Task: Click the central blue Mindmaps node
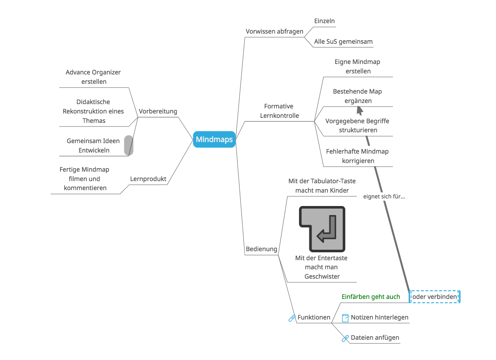click(x=214, y=140)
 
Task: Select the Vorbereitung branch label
click(x=158, y=111)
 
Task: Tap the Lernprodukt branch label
click(x=148, y=179)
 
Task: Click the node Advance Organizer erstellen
click(x=93, y=77)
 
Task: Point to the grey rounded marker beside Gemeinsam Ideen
click(x=129, y=145)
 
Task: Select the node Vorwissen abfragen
click(x=274, y=31)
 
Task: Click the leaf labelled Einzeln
click(x=324, y=21)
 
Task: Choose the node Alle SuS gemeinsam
click(x=343, y=42)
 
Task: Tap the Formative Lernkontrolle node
click(x=279, y=111)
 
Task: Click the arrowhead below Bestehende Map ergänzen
click(x=359, y=110)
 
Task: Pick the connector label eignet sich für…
click(x=384, y=197)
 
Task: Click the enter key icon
click(x=322, y=229)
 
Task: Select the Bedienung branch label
click(x=261, y=249)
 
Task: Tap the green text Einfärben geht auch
click(x=371, y=297)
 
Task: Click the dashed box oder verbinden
click(x=435, y=297)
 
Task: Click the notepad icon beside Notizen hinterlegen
click(x=345, y=318)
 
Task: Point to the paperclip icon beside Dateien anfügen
click(x=345, y=338)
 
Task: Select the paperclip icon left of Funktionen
click(x=292, y=318)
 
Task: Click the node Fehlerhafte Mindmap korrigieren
click(x=357, y=156)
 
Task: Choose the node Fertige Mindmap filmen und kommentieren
click(x=85, y=179)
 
